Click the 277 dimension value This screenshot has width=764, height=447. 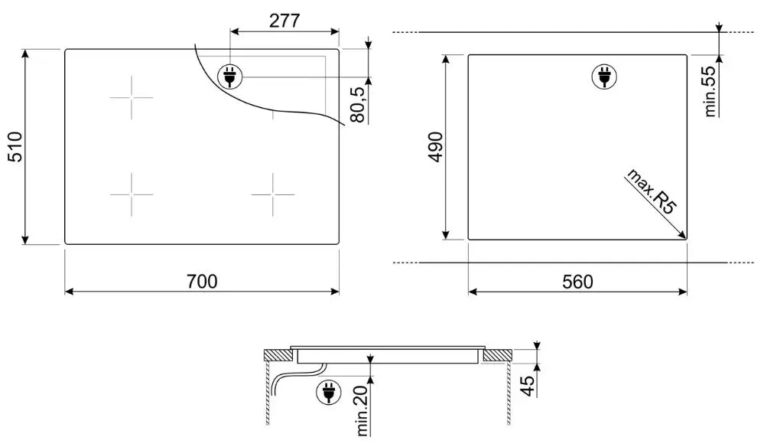click(284, 21)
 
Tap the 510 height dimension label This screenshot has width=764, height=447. click(15, 146)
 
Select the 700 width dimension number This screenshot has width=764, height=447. click(202, 281)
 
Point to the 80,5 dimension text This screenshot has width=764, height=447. click(358, 105)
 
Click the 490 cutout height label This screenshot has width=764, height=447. click(435, 147)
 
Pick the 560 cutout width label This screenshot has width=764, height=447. click(577, 282)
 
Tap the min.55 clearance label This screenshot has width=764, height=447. click(710, 90)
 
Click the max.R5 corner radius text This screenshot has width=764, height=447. click(652, 191)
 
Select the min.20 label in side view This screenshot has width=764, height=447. click(362, 409)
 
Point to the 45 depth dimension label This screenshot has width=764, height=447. click(527, 386)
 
